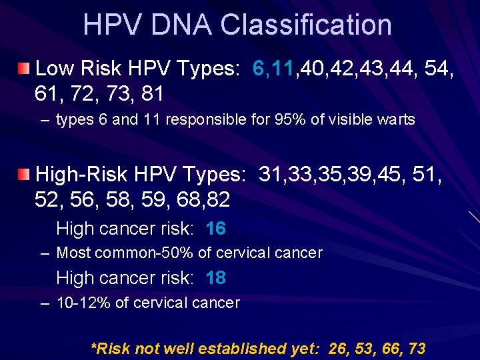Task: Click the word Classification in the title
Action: (306, 25)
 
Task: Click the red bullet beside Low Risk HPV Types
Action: (24, 68)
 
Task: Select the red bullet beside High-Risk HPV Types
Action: (24, 175)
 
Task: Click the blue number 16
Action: (215, 229)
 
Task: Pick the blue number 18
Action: (215, 277)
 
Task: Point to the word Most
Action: (74, 253)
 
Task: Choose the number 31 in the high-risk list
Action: (270, 175)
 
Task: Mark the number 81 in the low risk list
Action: (152, 93)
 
